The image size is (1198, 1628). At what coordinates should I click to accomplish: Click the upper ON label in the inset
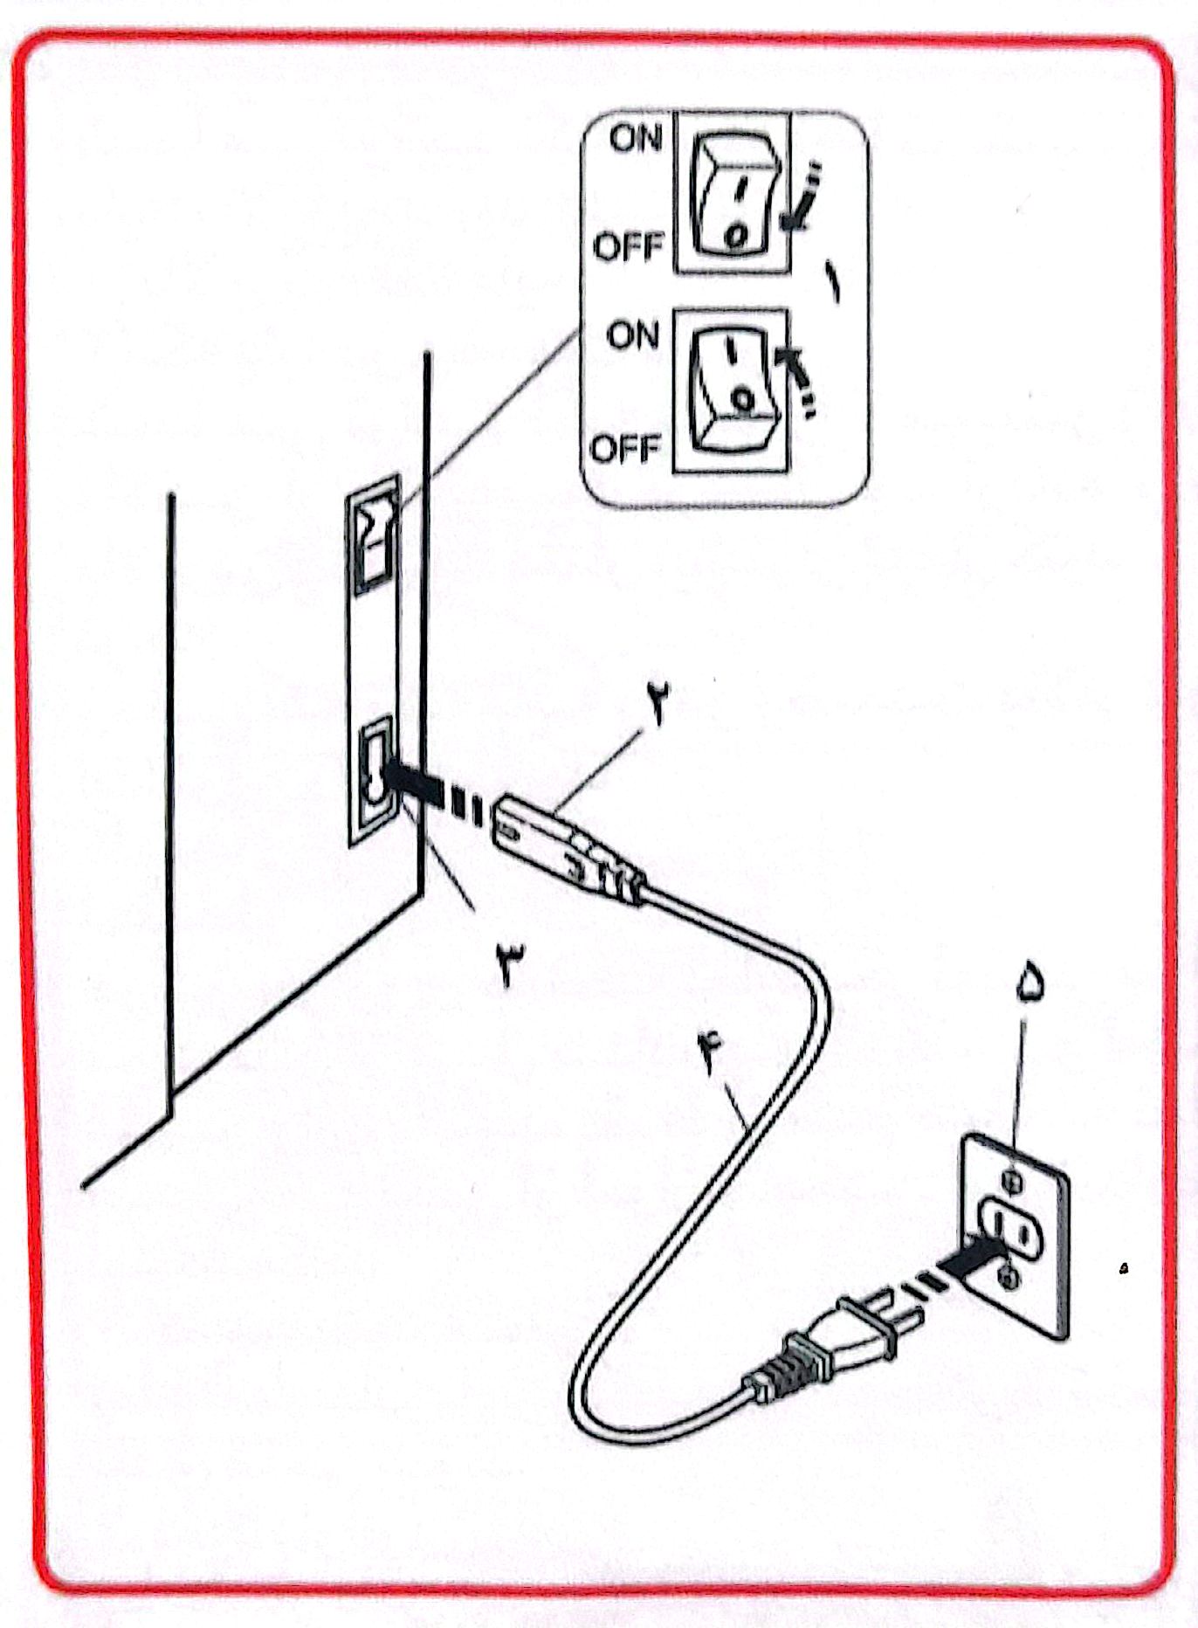click(637, 138)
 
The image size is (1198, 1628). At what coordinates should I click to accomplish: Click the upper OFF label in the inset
click(629, 246)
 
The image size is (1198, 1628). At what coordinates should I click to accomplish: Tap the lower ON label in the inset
click(632, 335)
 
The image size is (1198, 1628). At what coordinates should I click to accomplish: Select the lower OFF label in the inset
click(625, 449)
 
